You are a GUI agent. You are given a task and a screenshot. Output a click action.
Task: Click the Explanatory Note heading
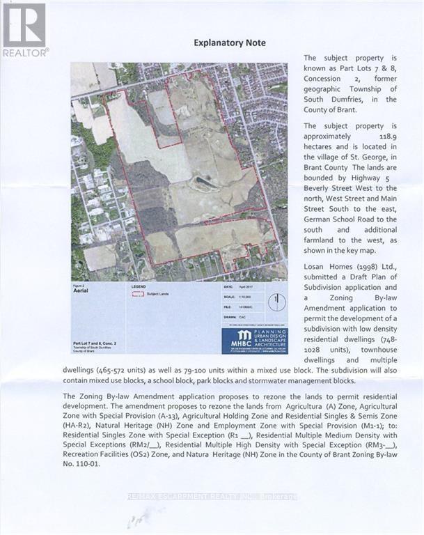(230, 42)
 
